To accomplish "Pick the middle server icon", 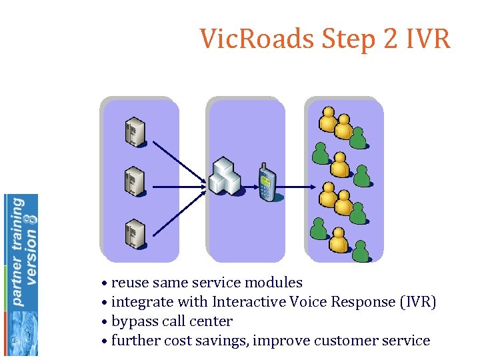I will [135, 181].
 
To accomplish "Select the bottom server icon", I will [135, 233].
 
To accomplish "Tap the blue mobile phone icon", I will [267, 181].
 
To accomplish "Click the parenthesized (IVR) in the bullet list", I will [418, 302].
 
